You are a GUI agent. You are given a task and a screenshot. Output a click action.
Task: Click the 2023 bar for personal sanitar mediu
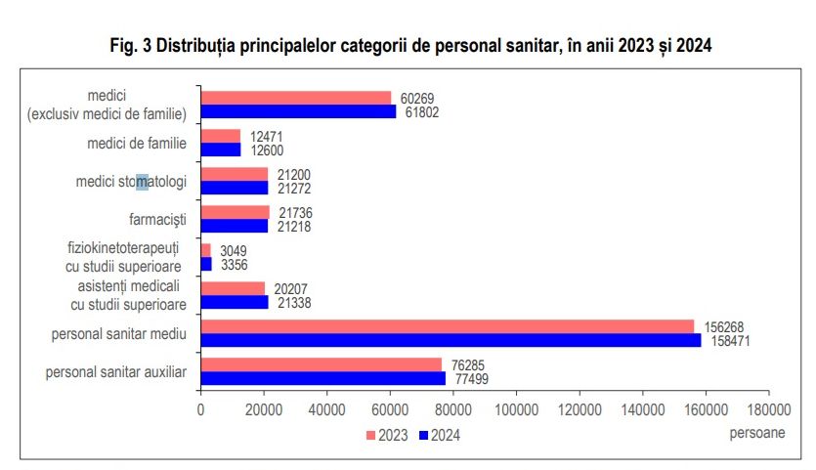pyautogui.click(x=447, y=326)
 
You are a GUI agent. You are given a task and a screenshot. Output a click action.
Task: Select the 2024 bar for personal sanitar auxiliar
pyautogui.click(x=322, y=378)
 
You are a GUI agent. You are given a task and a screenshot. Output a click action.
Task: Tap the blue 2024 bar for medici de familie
pyautogui.click(x=220, y=150)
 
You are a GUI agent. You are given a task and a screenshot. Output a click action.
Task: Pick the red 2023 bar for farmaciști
pyautogui.click(x=235, y=212)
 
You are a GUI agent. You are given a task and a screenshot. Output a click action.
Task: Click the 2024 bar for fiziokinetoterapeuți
pyautogui.click(x=206, y=264)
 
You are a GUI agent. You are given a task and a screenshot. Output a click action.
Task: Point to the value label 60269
pyautogui.click(x=416, y=98)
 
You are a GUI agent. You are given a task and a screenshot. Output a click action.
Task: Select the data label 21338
pyautogui.click(x=293, y=303)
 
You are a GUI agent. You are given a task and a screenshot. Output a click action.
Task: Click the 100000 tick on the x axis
pyautogui.click(x=516, y=412)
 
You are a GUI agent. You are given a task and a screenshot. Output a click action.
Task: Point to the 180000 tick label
pyautogui.click(x=768, y=412)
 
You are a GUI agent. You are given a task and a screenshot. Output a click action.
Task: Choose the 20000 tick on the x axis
pyautogui.click(x=264, y=412)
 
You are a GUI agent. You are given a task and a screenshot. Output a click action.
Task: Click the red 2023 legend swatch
pyautogui.click(x=371, y=436)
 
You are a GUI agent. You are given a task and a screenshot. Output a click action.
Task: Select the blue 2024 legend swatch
pyautogui.click(x=423, y=436)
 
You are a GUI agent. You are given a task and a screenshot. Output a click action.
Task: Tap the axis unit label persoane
pyautogui.click(x=756, y=430)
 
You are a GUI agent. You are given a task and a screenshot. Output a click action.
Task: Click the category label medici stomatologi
pyautogui.click(x=131, y=182)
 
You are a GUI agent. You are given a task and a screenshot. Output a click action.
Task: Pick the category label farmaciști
pyautogui.click(x=157, y=219)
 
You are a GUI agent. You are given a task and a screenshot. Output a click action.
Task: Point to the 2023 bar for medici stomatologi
pyautogui.click(x=234, y=174)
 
